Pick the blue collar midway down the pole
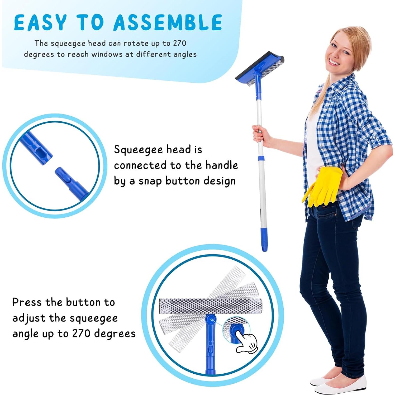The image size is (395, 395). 261,158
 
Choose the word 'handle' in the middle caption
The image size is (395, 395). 221,165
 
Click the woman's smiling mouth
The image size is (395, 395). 335,63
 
